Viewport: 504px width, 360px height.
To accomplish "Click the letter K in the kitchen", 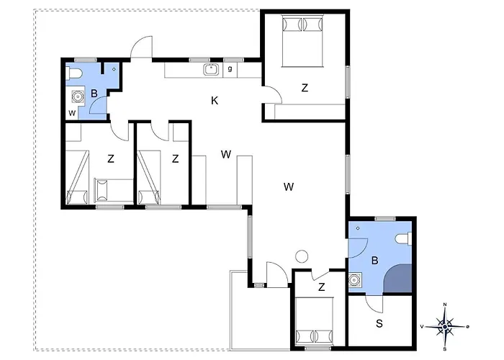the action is tap(215, 101).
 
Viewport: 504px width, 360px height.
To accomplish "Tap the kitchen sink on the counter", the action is tap(211, 69).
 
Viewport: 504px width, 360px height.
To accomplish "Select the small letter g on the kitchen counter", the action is tap(230, 68).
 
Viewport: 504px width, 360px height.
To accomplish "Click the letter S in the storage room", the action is tap(379, 323).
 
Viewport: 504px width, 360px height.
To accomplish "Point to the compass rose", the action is tap(445, 327).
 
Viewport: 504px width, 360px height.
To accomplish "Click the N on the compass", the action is tap(445, 305).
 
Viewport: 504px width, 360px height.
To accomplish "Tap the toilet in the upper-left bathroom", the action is tap(74, 73).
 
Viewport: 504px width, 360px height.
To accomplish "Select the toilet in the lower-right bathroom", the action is tap(404, 239).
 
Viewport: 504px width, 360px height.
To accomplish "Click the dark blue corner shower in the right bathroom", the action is tap(399, 279).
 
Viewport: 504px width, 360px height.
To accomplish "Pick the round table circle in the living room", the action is tap(302, 256).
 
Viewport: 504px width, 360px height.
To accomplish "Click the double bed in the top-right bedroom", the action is tap(302, 41).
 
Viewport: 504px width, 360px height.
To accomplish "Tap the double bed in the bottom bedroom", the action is tap(314, 320).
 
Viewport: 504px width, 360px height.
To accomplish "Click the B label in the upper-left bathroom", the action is tap(94, 94).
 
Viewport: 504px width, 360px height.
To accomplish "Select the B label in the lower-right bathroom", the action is tap(374, 261).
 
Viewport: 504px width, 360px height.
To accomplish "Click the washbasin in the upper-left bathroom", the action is tap(77, 96).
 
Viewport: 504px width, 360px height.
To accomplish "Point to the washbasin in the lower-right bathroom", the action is tap(355, 279).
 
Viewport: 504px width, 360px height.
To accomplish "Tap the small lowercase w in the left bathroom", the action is tap(72, 113).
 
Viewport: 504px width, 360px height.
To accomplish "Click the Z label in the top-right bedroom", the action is tap(305, 87).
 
